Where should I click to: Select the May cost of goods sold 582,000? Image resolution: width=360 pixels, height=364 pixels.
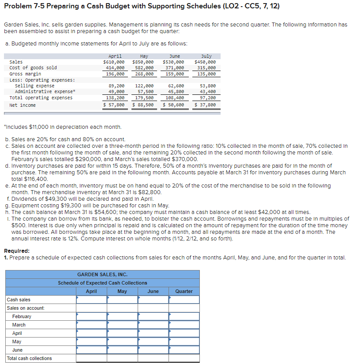click(x=144, y=68)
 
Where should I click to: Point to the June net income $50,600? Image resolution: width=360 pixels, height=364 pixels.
click(x=173, y=105)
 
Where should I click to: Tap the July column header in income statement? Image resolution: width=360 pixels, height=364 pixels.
click(x=206, y=56)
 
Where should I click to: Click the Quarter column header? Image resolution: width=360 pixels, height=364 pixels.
click(x=184, y=291)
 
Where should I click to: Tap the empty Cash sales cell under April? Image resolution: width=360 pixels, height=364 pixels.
click(x=91, y=300)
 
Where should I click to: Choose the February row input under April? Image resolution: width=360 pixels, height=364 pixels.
click(x=91, y=316)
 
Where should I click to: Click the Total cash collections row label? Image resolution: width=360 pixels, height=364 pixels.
click(x=29, y=358)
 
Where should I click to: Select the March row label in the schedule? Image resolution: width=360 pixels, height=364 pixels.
click(x=19, y=325)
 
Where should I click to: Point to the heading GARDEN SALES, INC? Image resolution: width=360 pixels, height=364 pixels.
click(x=102, y=274)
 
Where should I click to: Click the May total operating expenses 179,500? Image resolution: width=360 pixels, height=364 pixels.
click(x=144, y=98)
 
